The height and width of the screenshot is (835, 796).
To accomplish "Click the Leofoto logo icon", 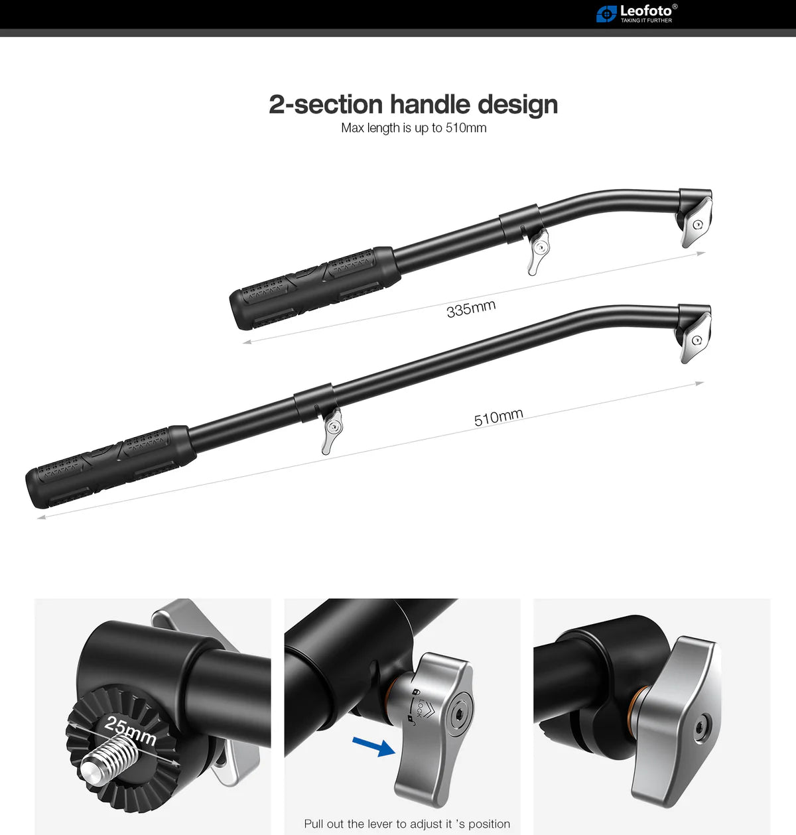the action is point(606,13).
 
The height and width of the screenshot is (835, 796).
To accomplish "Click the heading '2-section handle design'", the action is point(413,105).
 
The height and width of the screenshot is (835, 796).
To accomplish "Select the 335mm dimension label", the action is point(471,308).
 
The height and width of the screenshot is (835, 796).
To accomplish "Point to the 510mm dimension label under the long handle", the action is point(499,417).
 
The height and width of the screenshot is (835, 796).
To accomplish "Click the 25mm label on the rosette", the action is point(131,730).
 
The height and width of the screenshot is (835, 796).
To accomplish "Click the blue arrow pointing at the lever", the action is point(374,747).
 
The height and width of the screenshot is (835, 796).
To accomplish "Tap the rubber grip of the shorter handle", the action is point(315,288).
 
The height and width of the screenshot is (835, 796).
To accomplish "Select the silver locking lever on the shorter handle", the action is point(537,251).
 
